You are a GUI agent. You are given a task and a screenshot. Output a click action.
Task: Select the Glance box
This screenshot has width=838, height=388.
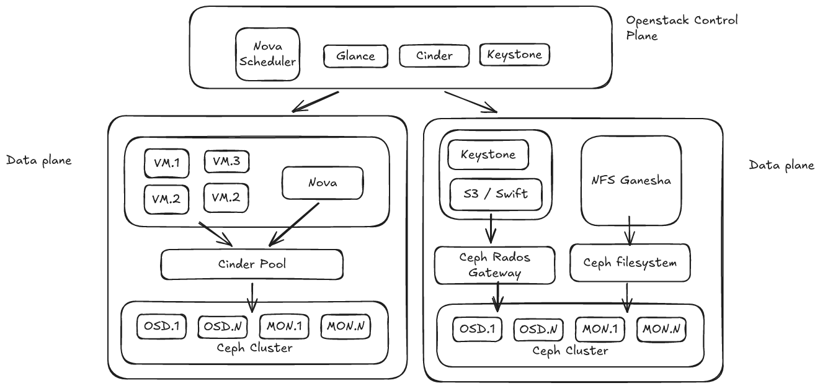point(355,56)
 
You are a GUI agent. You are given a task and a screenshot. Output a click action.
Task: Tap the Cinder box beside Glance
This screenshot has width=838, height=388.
point(434,56)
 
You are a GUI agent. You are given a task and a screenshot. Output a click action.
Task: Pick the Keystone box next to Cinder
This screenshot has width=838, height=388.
point(515,55)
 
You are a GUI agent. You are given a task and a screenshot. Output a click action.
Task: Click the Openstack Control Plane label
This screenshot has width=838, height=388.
point(682,27)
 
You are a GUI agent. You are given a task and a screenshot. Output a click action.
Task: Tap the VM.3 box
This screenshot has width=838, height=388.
point(226,161)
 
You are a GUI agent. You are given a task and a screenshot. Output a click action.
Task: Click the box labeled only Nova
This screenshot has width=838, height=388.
point(323,183)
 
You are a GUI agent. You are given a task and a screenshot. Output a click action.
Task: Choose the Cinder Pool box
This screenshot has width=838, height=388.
point(252,264)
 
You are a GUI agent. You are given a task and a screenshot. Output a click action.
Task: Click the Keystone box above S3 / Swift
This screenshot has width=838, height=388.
point(488,155)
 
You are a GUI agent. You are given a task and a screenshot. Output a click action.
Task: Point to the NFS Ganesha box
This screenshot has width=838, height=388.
point(630,181)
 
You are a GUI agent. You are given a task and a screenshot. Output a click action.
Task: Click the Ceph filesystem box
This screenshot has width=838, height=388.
point(630,263)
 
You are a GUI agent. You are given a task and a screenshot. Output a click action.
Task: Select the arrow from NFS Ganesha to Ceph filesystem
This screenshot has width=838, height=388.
point(630,230)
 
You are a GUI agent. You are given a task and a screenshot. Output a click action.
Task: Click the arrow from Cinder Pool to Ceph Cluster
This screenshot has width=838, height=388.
point(252,296)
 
